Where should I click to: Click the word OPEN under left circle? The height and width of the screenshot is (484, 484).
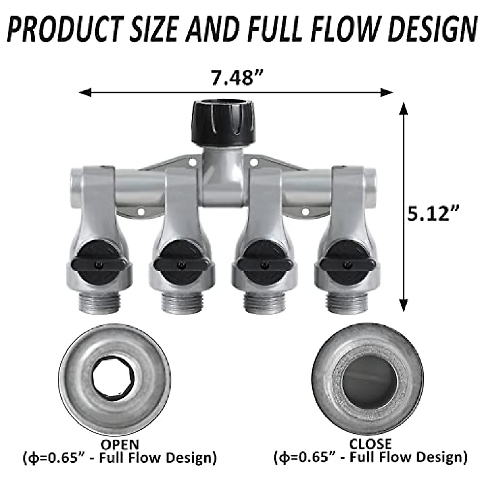coord(119,445)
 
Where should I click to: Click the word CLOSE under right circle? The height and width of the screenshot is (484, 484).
coord(370,444)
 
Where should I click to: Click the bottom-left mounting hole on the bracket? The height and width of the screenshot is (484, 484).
coord(141,211)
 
